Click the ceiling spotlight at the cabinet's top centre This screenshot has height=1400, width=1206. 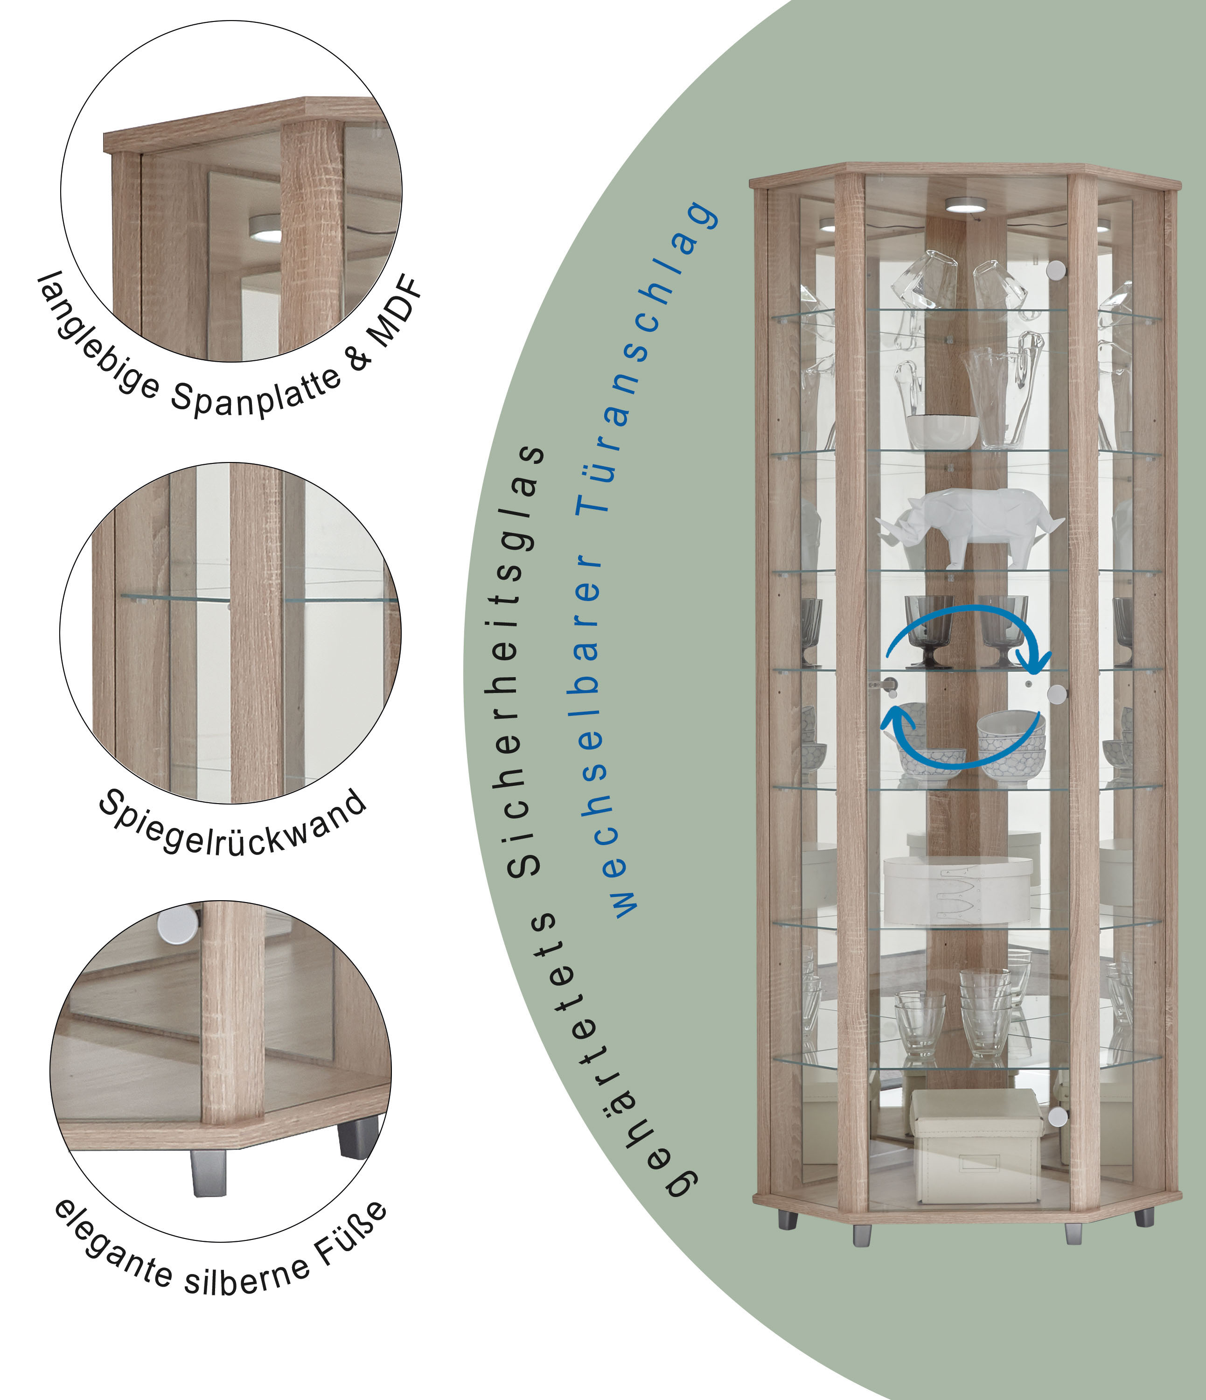coord(965,205)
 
